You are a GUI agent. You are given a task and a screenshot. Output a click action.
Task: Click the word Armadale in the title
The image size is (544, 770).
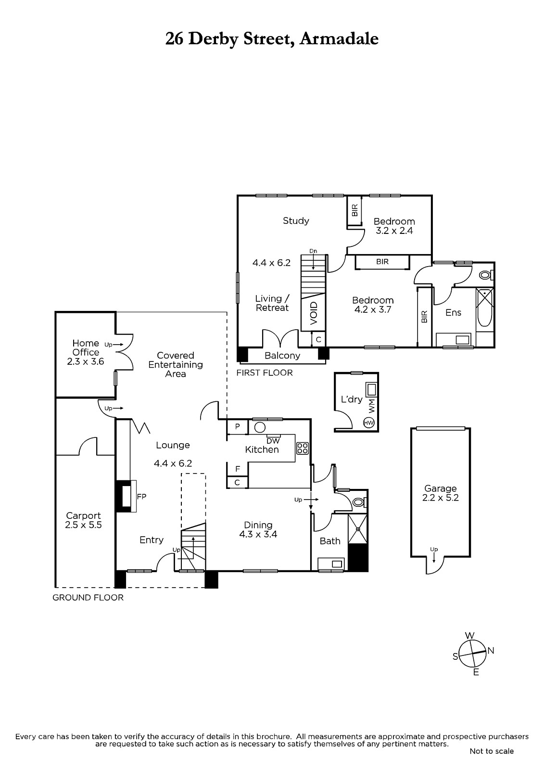(339, 39)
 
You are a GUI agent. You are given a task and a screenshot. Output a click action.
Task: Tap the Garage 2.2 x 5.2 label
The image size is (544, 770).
(440, 493)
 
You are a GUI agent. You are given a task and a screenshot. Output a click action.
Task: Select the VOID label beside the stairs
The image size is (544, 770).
(314, 313)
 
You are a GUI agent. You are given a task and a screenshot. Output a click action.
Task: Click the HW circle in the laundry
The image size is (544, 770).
(369, 423)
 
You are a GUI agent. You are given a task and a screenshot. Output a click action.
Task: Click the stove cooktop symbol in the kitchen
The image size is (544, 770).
(303, 448)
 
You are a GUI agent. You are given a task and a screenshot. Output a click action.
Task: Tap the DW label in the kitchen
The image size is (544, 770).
(273, 441)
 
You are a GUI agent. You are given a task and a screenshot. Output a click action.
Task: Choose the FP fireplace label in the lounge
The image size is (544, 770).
(141, 496)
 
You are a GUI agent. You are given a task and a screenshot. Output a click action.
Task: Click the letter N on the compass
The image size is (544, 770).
(491, 650)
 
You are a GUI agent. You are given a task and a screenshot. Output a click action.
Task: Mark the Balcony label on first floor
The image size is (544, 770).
(282, 356)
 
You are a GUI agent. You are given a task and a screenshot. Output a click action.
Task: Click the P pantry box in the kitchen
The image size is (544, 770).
(237, 427)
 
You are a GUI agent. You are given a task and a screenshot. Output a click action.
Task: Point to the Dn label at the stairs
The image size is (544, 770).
(313, 251)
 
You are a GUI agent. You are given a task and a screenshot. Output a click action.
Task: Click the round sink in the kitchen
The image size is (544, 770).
(260, 427)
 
